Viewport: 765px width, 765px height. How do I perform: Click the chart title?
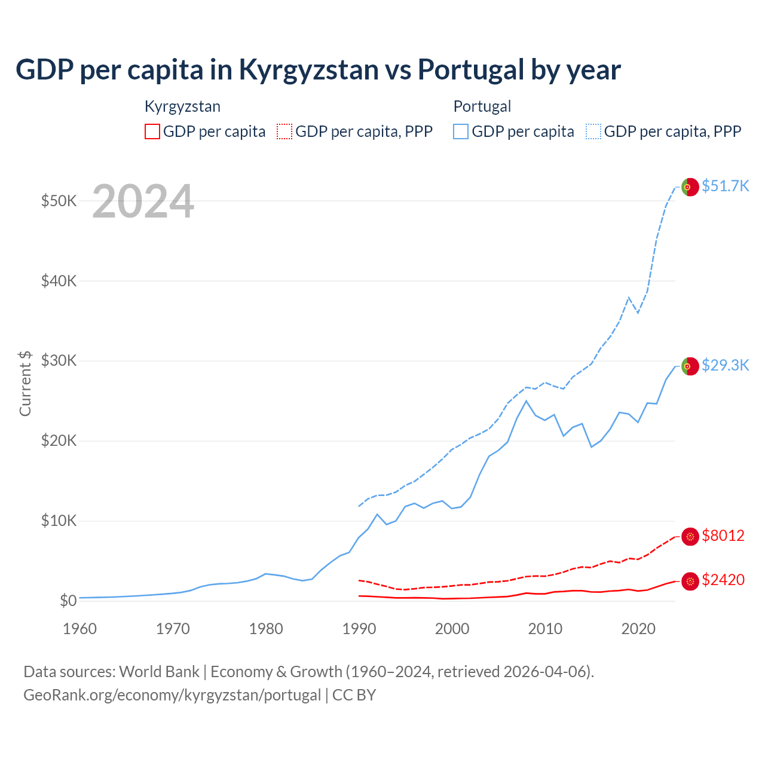[318, 69]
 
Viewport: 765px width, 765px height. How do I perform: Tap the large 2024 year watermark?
[143, 201]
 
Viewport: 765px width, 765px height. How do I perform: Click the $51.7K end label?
[725, 186]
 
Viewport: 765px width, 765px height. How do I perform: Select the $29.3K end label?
[725, 365]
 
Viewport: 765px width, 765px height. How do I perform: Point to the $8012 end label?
[723, 535]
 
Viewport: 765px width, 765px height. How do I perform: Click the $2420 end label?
[723, 580]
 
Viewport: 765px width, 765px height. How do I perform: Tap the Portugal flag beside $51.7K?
[690, 187]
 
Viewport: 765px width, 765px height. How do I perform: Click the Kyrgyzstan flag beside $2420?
[690, 581]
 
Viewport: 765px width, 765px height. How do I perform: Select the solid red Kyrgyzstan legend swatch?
[152, 131]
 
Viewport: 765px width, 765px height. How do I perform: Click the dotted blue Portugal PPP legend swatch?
[593, 131]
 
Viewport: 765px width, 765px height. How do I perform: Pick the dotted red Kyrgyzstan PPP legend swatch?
[284, 131]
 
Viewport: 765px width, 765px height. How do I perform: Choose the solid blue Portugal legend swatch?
[461, 131]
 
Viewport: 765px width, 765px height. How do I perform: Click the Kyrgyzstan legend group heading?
[182, 106]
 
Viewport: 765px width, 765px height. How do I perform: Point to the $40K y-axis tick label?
[59, 280]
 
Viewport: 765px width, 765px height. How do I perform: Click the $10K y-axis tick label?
[59, 521]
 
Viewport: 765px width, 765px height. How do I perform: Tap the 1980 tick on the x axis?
[266, 629]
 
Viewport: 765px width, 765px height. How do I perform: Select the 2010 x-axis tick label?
[545, 629]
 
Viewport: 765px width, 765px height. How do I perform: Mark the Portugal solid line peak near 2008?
[526, 401]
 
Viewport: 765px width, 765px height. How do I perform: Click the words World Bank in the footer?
[159, 672]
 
